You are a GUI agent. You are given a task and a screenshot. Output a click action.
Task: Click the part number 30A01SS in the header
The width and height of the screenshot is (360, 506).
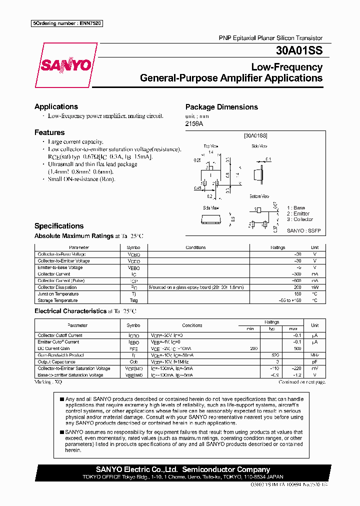point(299,50)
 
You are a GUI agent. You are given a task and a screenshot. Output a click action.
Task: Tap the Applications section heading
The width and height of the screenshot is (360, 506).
point(56,106)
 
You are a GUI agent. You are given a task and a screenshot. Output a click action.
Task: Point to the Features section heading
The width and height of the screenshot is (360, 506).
point(49,132)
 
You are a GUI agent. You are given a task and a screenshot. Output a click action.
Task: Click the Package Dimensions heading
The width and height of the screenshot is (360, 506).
point(221,107)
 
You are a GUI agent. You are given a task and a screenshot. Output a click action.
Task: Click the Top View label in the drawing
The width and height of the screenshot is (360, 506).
point(210,146)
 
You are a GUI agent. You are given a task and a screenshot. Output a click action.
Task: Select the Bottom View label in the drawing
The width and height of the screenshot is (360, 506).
point(259,197)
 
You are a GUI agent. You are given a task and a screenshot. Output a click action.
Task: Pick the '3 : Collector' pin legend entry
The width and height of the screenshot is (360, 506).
point(300,219)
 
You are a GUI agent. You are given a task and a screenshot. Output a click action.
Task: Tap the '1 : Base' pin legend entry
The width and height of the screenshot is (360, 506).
point(296,207)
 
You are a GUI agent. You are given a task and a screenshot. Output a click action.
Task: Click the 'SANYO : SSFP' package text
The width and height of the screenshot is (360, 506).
point(303,230)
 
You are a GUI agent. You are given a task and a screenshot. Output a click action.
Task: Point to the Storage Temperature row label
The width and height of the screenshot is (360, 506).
point(58,300)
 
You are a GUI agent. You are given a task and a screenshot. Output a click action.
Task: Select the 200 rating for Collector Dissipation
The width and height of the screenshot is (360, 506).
point(297,287)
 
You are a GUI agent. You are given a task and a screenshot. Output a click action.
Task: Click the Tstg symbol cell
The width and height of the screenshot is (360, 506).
point(133,300)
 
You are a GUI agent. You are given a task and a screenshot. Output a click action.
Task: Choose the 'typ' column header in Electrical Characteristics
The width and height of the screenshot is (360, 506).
point(272,328)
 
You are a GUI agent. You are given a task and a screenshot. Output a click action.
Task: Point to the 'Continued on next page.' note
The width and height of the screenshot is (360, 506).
point(301,382)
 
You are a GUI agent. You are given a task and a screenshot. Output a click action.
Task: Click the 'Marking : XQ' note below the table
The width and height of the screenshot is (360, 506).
point(48,381)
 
